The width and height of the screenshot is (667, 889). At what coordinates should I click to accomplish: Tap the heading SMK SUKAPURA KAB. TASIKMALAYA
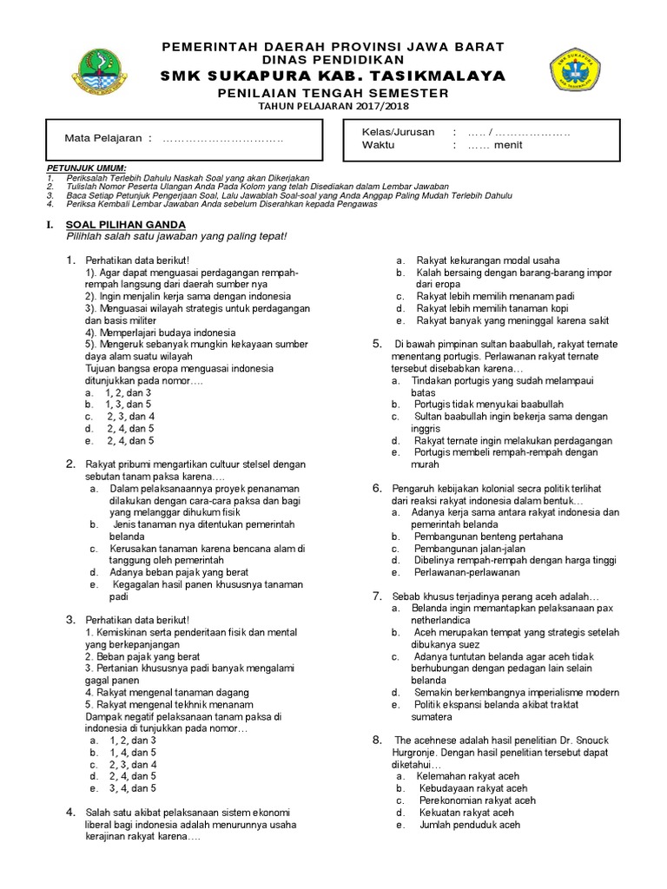pyautogui.click(x=333, y=77)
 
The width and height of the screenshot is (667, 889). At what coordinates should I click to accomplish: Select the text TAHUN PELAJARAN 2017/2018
pyautogui.click(x=333, y=106)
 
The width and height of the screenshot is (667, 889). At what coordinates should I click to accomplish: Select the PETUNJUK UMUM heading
pyautogui.click(x=86, y=167)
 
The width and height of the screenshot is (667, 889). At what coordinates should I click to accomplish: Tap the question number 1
pyautogui.click(x=70, y=260)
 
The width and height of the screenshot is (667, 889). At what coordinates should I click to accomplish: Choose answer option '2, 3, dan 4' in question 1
pyautogui.click(x=130, y=416)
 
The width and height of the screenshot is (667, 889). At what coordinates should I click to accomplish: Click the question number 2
pyautogui.click(x=70, y=464)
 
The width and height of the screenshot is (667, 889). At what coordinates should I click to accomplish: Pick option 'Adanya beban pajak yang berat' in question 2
pyautogui.click(x=179, y=573)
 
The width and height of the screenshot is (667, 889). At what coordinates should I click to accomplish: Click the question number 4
pyautogui.click(x=70, y=812)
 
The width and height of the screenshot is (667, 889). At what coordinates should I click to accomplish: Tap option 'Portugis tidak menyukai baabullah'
pyautogui.click(x=489, y=405)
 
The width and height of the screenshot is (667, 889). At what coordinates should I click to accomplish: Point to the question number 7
pyautogui.click(x=378, y=596)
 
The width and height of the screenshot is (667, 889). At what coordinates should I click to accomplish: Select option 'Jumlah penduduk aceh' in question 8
pyautogui.click(x=468, y=825)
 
